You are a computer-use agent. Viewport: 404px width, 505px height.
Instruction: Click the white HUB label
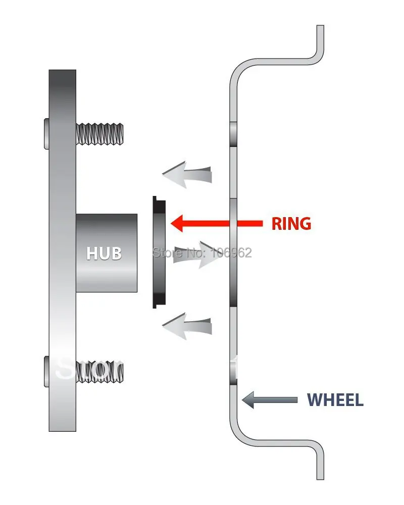[x=104, y=252]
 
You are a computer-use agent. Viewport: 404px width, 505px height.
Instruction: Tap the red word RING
[x=291, y=223]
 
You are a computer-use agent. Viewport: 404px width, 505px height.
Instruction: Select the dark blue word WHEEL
[x=335, y=400]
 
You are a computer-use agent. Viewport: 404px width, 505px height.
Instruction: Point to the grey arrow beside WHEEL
[x=269, y=400]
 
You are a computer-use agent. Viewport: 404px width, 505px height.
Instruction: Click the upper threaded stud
[x=99, y=133]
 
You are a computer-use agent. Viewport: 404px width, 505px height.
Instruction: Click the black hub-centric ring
[x=159, y=252]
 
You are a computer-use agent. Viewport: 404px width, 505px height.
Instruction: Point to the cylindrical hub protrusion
[x=107, y=252]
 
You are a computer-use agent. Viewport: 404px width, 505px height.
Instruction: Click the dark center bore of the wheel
[x=233, y=252]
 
